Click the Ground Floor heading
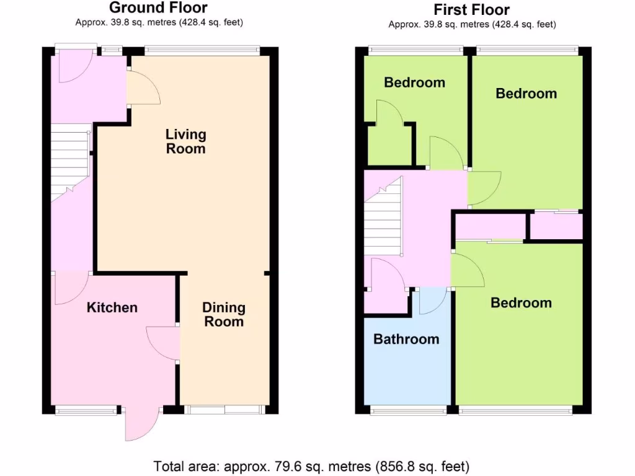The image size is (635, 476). point(159,8)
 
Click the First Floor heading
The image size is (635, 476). point(472,9)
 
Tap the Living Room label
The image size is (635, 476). point(185,141)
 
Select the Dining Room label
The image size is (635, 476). point(224,314)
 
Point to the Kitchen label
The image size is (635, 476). point(112,307)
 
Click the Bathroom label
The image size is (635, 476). point(406,339)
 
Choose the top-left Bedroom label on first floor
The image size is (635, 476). point(414,82)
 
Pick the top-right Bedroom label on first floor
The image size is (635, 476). point(526,94)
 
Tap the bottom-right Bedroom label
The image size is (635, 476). point(521,302)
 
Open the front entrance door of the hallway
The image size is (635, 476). point(75,65)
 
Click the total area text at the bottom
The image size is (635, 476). point(311,465)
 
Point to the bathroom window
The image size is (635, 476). point(408,410)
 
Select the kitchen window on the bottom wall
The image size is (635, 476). point(86,410)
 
